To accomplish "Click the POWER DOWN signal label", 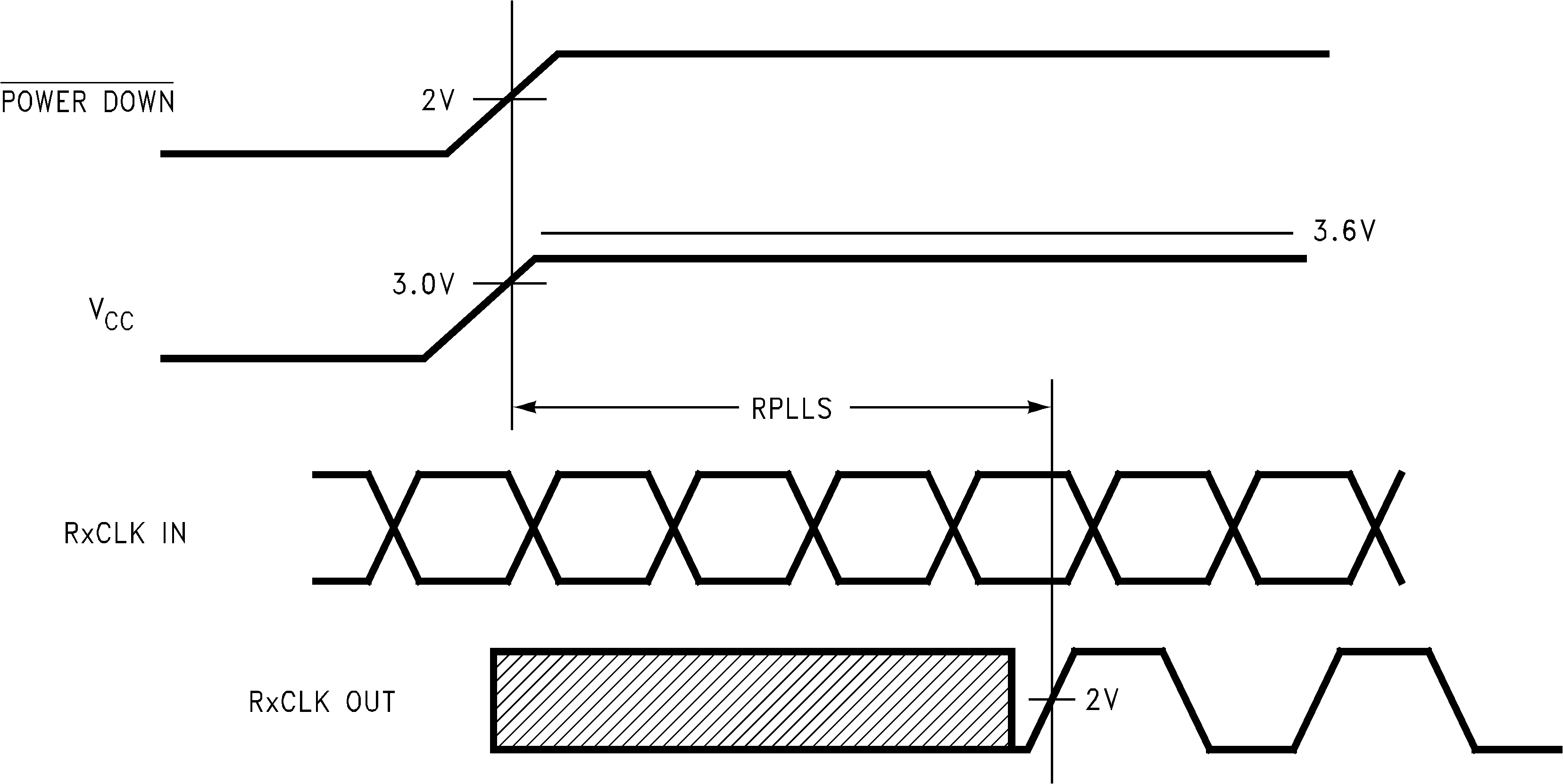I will pyautogui.click(x=88, y=102).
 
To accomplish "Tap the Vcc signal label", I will pyautogui.click(x=111, y=315).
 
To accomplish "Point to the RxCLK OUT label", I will pyautogui.click(x=322, y=702).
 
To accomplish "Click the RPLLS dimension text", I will pyautogui.click(x=792, y=409).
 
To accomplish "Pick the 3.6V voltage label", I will pyautogui.click(x=1344, y=231).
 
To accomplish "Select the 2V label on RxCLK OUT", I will pyautogui.click(x=1102, y=700).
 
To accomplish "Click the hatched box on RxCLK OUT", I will pyautogui.click(x=752, y=700).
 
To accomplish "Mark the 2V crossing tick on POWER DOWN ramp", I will pyautogui.click(x=512, y=98).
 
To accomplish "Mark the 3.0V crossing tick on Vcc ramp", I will pyautogui.click(x=512, y=283).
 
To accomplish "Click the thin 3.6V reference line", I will pyautogui.click(x=910, y=233).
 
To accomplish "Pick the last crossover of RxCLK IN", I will pyautogui.click(x=1376, y=528).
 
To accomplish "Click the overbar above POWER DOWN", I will pyautogui.click(x=87, y=82).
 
